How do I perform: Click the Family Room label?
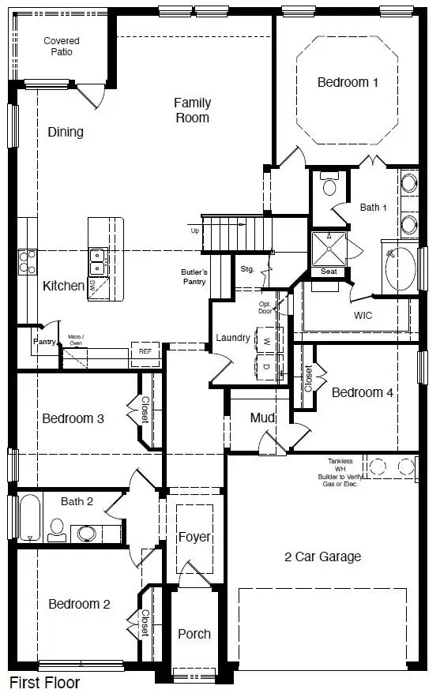pos(192,110)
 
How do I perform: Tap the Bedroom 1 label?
pos(342,82)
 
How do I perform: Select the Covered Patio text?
pos(61,46)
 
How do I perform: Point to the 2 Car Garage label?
pos(322,556)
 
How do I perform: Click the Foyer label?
pos(194,537)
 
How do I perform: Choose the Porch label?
pos(194,633)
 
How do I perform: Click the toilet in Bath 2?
pos(57,529)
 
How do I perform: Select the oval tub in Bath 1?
pos(401,269)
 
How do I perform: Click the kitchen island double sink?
pos(99,257)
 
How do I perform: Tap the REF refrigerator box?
pos(145,351)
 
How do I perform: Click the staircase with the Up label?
pos(237,234)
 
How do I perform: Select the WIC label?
pos(363,315)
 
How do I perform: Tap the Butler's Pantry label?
pos(194,277)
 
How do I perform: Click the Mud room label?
pos(261,418)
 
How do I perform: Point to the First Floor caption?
pos(45,682)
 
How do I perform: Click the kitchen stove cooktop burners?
pos(26,260)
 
